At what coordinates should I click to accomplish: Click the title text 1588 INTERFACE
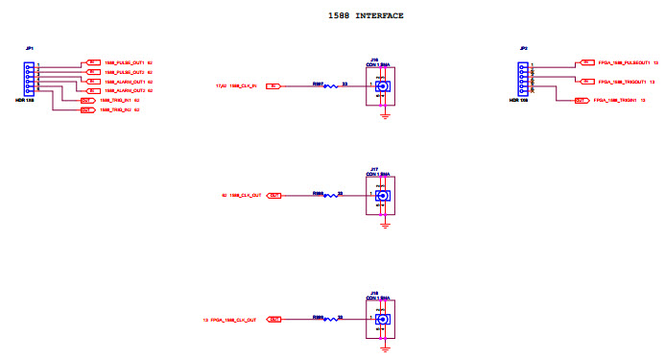point(366,16)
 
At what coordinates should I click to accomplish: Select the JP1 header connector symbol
point(31,76)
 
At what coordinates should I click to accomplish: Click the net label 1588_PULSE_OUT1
point(124,62)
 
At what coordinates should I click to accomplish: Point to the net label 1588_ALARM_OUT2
point(124,90)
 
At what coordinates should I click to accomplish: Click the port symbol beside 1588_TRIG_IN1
point(86,100)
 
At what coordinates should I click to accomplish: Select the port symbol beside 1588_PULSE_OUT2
point(93,72)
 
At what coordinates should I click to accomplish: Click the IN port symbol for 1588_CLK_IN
point(273,86)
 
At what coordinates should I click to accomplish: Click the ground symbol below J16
point(384,115)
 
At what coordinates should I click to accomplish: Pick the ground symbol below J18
point(384,348)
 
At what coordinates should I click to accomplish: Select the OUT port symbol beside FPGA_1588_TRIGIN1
point(581,100)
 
